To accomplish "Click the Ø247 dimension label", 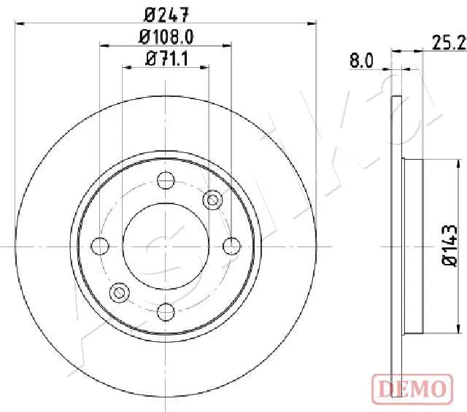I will pos(166,12).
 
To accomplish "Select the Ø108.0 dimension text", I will pos(166,36).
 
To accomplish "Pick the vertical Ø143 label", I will pos(450,247).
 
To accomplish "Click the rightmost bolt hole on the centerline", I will pos(232,246).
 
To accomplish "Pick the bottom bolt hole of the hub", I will pos(166,313).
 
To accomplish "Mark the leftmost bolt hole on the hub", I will pos(99,246).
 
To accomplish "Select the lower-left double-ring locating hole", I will pos(118,294).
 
